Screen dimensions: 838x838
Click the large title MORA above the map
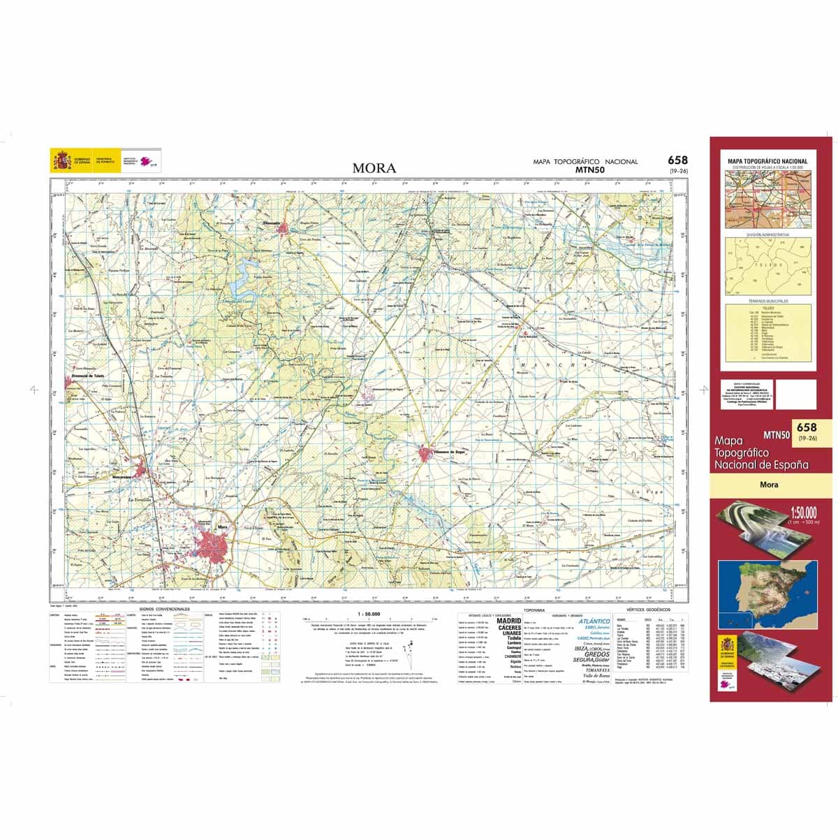(x=374, y=168)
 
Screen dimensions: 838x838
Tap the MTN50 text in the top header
(x=589, y=169)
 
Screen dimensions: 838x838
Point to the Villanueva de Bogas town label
(x=450, y=451)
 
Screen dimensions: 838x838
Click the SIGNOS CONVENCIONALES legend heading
(x=165, y=609)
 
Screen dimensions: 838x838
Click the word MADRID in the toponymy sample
(x=508, y=620)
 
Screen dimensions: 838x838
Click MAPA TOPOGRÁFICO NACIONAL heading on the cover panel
(x=767, y=162)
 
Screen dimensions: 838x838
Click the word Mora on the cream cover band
(x=769, y=485)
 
